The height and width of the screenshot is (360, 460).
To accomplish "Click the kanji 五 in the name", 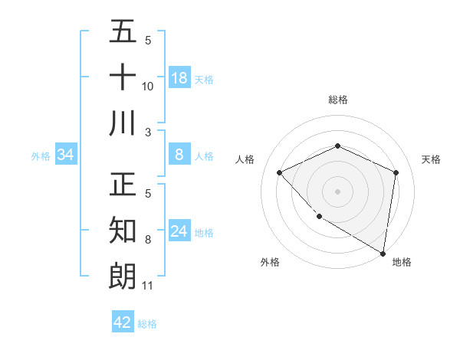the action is pos(123,32).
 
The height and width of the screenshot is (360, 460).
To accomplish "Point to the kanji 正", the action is pos(123,186).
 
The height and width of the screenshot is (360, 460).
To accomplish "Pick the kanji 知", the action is pos(123,231).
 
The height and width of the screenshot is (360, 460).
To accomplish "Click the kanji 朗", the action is pos(123,277).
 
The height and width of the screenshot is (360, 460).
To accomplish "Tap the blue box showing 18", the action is pos(179,78).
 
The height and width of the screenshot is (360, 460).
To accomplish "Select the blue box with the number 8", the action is pos(179,155).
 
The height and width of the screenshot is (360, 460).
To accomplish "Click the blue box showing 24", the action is pos(179,231).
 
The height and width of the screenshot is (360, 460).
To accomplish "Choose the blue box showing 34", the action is pos(66,155).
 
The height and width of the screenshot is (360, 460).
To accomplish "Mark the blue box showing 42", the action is pos(123,322).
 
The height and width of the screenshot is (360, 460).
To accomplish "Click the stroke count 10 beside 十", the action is pos(148,87).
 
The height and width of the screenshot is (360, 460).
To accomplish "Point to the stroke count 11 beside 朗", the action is pos(148,286).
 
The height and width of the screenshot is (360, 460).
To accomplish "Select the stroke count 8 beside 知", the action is pos(148,240).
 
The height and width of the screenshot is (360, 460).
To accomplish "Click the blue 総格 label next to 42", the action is pos(147,323).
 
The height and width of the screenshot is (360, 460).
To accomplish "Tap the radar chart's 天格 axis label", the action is pos(431,159).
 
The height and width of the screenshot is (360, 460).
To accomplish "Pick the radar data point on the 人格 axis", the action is pos(280,172).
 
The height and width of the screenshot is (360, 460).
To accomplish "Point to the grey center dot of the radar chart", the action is pos(337,191).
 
